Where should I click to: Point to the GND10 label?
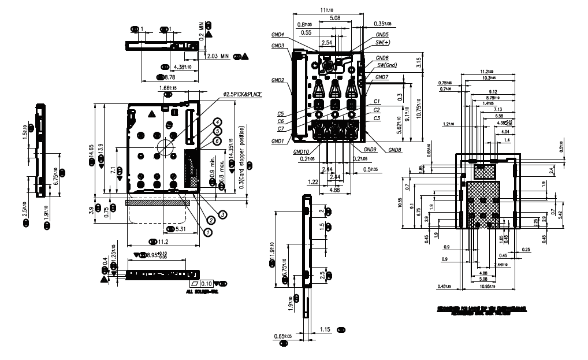301,153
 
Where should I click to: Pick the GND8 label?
395,150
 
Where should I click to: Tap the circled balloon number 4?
217,122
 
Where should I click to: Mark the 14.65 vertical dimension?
91,154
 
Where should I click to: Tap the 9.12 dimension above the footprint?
493,92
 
